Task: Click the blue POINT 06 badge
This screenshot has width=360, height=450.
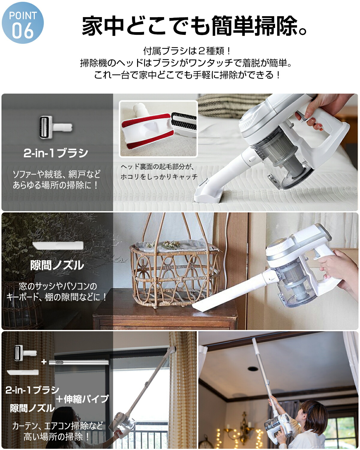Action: coord(23,23)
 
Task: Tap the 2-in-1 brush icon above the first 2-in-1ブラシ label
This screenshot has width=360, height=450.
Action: coord(55,127)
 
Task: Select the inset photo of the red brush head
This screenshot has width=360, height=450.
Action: coord(158,129)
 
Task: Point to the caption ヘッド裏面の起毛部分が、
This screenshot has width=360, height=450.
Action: coord(157,167)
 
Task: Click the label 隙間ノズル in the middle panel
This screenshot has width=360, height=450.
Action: coord(57,265)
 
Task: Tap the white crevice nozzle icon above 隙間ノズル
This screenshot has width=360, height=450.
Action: coord(58,245)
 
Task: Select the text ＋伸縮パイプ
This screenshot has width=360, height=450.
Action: coord(82,399)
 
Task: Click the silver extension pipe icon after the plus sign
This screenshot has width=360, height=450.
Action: coord(79,362)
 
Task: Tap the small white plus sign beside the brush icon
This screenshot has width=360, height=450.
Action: coord(44,362)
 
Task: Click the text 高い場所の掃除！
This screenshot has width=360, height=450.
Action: coord(57,437)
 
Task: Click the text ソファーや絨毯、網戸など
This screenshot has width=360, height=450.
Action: coord(56,174)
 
